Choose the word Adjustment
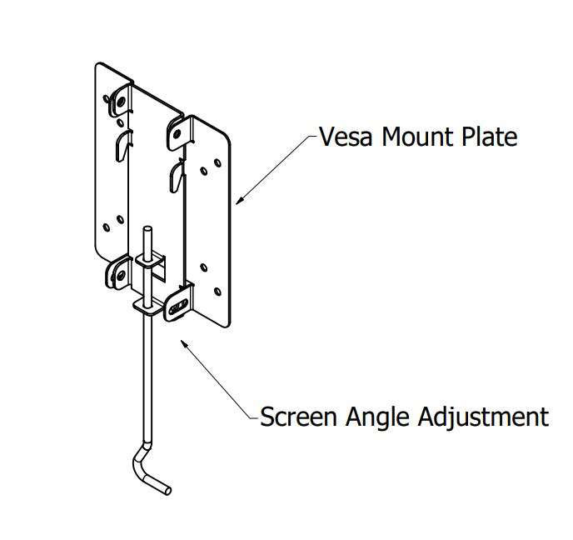pos(487,415)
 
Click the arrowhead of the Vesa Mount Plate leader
pos(239,200)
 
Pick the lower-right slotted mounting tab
pos(177,305)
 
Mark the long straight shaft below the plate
pos(145,383)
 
